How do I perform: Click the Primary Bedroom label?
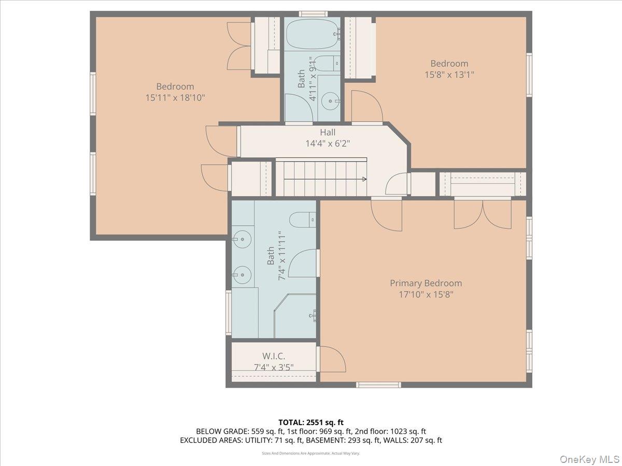(426, 283)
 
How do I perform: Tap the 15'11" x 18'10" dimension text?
(175, 97)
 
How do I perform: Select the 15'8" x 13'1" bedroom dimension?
(449, 75)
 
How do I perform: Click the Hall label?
(328, 133)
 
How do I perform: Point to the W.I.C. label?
(273, 356)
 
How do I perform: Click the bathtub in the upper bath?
(312, 34)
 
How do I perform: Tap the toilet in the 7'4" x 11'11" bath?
(302, 220)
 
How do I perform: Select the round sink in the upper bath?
(328, 100)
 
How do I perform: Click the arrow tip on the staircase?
(365, 179)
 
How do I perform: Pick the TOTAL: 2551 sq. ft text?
(310, 422)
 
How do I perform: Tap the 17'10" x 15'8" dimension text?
(426, 295)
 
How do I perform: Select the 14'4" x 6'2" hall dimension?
(328, 143)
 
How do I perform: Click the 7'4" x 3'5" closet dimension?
(273, 368)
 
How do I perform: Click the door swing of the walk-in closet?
(332, 359)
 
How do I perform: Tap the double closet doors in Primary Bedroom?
(482, 214)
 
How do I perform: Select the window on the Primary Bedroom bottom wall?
(378, 385)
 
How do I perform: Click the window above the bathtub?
(313, 14)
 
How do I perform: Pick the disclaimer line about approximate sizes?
(310, 453)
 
